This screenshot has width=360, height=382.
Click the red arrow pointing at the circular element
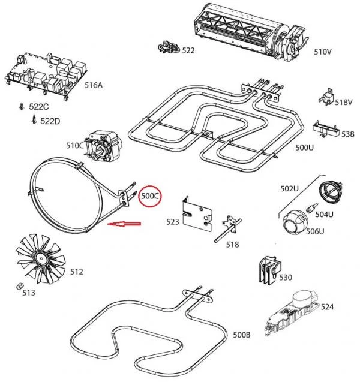tap(123, 224)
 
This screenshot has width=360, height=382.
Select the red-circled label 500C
tap(149, 196)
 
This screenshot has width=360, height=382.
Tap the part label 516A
tap(93, 85)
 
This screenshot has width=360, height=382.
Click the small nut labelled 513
tap(19, 284)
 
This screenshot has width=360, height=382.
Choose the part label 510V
tap(323, 52)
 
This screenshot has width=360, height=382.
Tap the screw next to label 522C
tap(21, 107)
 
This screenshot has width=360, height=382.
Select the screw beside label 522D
tap(34, 120)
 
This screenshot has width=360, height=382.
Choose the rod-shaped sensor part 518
tap(226, 230)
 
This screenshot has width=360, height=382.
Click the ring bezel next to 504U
tap(330, 192)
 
